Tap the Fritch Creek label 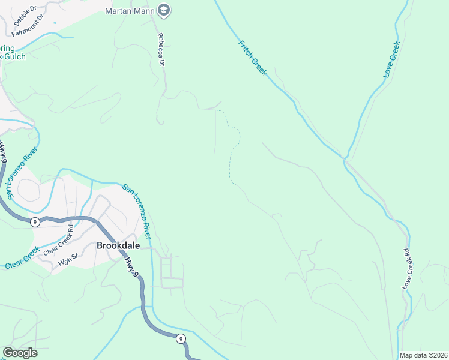[252, 58]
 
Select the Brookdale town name [118, 245]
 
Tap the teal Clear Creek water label [22, 258]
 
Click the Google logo [20, 353]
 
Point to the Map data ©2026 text [423, 355]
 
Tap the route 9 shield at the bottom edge [181, 339]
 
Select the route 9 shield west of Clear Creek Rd [35, 222]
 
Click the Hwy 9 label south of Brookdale [133, 265]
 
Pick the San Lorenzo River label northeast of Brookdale [137, 204]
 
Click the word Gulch [14, 56]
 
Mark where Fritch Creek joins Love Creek [345, 158]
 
